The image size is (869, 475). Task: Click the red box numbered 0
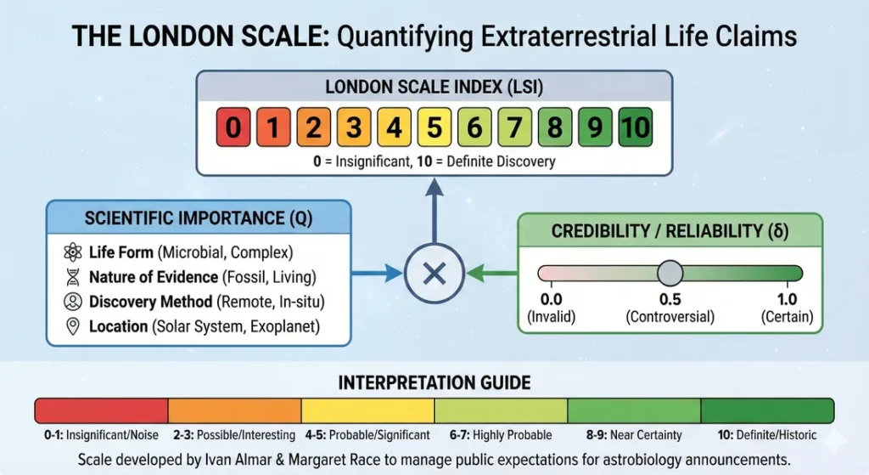(x=234, y=128)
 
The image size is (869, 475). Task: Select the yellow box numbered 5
(x=434, y=128)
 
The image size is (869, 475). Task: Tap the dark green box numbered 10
(x=635, y=128)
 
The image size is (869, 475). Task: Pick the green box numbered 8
(x=555, y=128)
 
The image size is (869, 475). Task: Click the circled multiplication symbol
(x=434, y=274)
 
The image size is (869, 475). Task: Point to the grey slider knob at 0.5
(x=670, y=274)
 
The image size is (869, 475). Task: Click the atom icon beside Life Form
(x=71, y=252)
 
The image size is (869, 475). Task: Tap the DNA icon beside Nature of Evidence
(x=71, y=277)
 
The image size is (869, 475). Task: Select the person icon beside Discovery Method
(x=71, y=302)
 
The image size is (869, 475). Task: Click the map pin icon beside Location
(x=71, y=326)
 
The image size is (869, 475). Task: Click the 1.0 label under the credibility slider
(x=787, y=300)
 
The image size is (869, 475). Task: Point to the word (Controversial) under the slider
(x=670, y=317)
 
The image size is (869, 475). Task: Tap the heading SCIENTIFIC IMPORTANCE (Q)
(x=199, y=218)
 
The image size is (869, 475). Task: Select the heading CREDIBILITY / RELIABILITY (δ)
(x=670, y=231)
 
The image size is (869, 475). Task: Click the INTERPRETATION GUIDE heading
(x=434, y=382)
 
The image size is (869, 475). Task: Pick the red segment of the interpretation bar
(x=102, y=410)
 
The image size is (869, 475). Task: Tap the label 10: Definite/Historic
(x=766, y=435)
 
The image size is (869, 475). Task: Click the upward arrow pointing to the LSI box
(x=434, y=212)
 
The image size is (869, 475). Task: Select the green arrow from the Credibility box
(x=492, y=274)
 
